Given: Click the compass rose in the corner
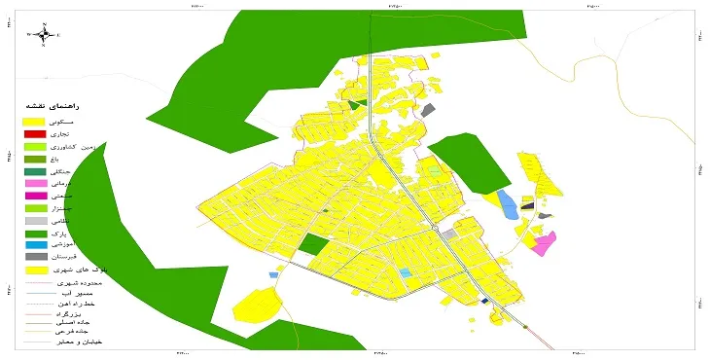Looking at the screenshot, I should [45, 35].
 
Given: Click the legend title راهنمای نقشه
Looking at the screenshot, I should [59, 106].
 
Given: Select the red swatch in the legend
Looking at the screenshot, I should [34, 133].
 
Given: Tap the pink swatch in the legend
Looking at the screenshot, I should [34, 183].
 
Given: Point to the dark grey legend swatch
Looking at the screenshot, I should [34, 257].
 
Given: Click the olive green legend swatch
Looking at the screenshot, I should [34, 159].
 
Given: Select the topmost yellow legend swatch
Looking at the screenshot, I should [34, 121].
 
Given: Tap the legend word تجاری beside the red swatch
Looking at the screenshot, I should [87, 133].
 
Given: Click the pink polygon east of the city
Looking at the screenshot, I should [544, 242].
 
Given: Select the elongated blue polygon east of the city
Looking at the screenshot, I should [507, 204].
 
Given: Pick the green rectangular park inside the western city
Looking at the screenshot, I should [313, 243].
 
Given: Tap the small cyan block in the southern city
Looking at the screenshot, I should [405, 273].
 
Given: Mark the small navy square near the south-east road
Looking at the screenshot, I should [484, 301].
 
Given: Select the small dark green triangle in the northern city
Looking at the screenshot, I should [357, 102].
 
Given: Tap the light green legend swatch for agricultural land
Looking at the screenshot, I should [34, 146].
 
